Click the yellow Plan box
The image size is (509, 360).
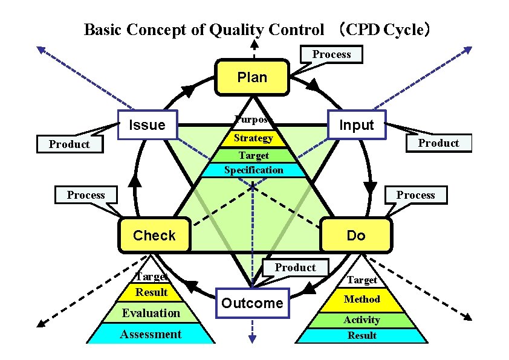pyautogui.click(x=252, y=77)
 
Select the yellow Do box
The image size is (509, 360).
pyautogui.click(x=355, y=236)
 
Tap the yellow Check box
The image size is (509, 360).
pyautogui.click(x=154, y=236)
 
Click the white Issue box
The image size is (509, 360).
pyautogui.click(x=148, y=125)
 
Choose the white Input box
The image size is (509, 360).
pyautogui.click(x=356, y=125)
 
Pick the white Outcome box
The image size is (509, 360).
pyautogui.click(x=251, y=303)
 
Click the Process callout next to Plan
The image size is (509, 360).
pyautogui.click(x=331, y=54)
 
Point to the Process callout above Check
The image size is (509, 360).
pyautogui.click(x=86, y=194)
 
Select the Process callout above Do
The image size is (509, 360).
pyautogui.click(x=415, y=194)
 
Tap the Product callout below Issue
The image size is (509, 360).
pyautogui.click(x=69, y=144)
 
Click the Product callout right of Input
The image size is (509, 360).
pyautogui.click(x=438, y=143)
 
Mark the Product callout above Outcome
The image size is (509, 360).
pyautogui.click(x=295, y=268)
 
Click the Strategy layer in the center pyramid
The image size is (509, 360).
pyautogui.click(x=253, y=138)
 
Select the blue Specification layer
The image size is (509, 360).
pyautogui.click(x=253, y=170)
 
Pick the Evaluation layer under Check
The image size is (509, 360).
pyautogui.click(x=151, y=313)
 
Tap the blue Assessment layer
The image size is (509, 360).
pyautogui.click(x=151, y=334)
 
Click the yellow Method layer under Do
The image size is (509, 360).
pyautogui.click(x=361, y=299)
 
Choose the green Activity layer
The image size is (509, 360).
pyautogui.click(x=361, y=320)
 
